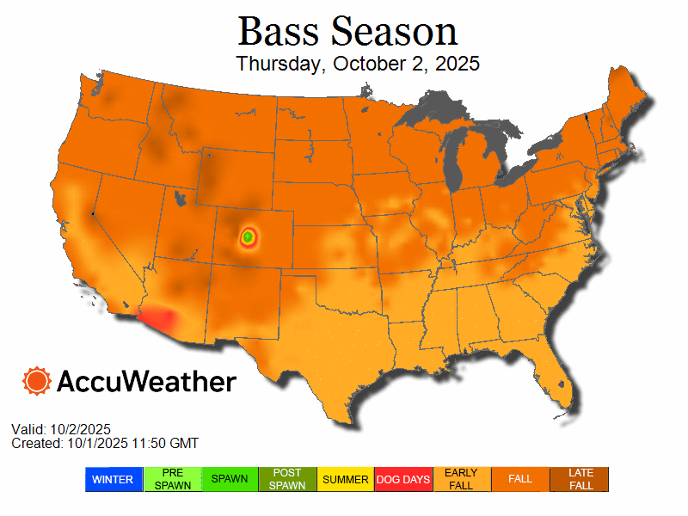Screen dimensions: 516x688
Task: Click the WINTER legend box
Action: coord(114,479)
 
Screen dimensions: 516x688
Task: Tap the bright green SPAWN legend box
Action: coord(230,479)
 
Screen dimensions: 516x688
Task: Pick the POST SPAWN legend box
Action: coord(288,479)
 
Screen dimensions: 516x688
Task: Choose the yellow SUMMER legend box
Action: coord(346,479)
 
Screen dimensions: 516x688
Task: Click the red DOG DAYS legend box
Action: coord(404,479)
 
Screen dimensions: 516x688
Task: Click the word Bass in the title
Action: coord(279,32)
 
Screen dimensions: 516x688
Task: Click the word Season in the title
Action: coord(395,32)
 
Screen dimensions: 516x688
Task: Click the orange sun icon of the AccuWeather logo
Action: coord(37,380)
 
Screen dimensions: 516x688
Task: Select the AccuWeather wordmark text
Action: coord(146,381)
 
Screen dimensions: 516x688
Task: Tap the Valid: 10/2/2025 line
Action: coord(61,429)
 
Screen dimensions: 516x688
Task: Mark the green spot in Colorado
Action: coord(248,235)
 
